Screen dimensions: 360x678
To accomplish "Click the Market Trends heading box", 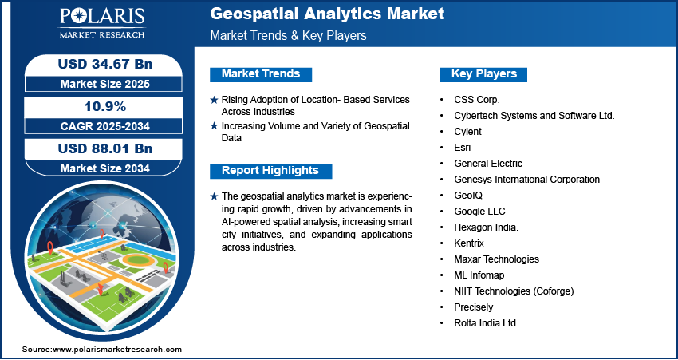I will click(261, 74).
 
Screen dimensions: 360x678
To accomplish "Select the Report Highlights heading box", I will click(270, 171).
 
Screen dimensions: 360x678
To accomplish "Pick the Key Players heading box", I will click(483, 74).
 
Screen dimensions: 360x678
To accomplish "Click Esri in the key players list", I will click(463, 148).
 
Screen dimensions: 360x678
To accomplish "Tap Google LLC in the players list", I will click(479, 212).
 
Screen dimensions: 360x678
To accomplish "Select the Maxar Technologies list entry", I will click(496, 259).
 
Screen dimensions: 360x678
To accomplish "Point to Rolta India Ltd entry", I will click(485, 323).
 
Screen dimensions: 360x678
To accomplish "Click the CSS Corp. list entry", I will click(476, 100).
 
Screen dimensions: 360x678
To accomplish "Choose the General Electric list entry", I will click(488, 164).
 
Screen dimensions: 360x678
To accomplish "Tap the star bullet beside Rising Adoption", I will click(213, 100).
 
